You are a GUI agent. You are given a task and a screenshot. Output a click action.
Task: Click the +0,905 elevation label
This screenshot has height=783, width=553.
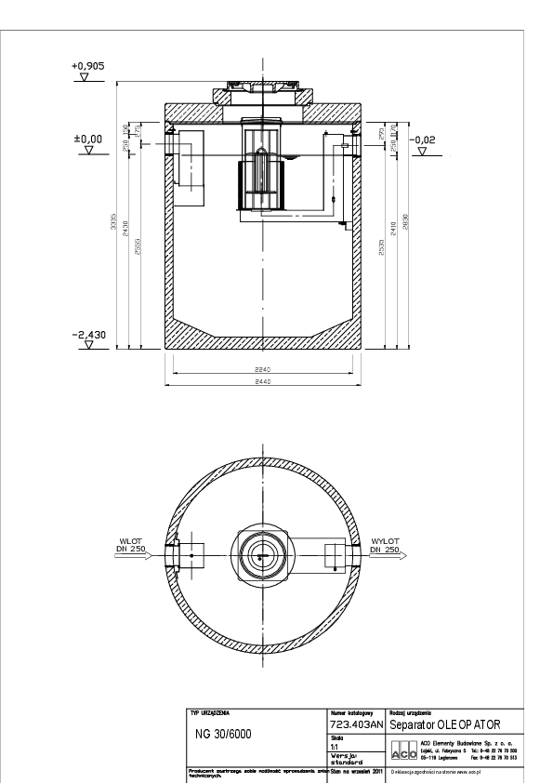pyautogui.click(x=86, y=67)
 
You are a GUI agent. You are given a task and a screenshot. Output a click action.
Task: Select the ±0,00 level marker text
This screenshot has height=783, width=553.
pyautogui.click(x=86, y=139)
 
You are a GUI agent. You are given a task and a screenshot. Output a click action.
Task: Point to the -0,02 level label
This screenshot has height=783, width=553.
pyautogui.click(x=422, y=139)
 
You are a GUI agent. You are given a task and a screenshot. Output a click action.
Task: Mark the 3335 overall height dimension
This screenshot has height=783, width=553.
pyautogui.click(x=114, y=229)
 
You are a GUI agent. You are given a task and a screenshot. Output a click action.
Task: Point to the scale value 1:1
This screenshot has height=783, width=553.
pyautogui.click(x=336, y=746)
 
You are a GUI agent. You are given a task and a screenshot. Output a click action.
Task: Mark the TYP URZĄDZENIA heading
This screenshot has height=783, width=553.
pyautogui.click(x=209, y=713)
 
